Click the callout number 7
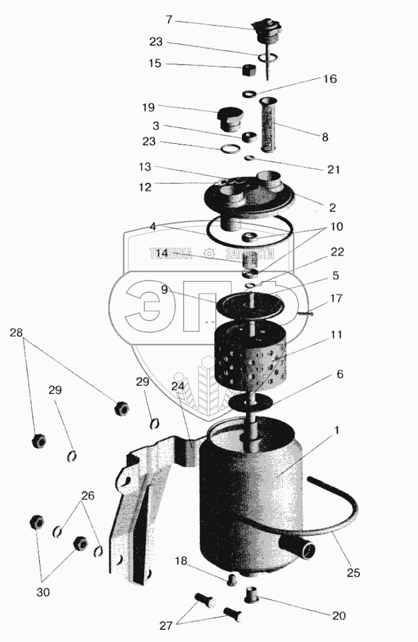point(169,21)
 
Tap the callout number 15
point(155,65)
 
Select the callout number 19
point(148,107)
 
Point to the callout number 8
point(325,137)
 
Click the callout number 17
point(337,299)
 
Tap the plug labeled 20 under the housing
point(252,593)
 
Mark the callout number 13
point(145,166)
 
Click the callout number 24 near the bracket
point(178,385)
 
